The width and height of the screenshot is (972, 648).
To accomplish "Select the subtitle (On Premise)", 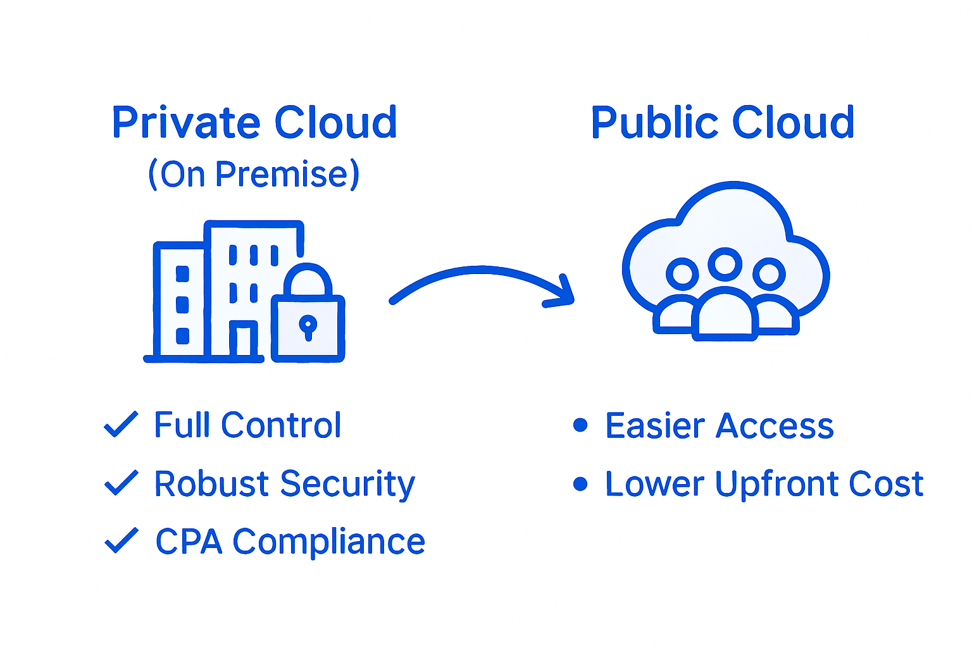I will point(254,174).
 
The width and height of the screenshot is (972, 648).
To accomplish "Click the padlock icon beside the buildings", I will point(308,320).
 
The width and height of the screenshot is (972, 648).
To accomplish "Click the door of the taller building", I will point(243,341).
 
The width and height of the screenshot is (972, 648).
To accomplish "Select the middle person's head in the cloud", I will point(725,264).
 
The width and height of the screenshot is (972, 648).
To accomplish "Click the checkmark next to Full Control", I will point(120,425).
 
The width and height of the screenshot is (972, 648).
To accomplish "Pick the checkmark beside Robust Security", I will point(120,483).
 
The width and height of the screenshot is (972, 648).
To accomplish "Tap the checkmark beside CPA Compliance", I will point(120,540).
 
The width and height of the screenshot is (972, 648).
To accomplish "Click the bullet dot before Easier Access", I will point(580,425).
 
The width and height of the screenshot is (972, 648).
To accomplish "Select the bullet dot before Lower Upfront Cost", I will point(580,484).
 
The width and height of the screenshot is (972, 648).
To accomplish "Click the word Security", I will point(347,484).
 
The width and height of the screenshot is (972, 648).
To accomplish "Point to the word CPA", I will point(189,542).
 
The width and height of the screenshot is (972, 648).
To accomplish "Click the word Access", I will point(775,426).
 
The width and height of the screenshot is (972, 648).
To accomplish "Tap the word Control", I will point(281,425).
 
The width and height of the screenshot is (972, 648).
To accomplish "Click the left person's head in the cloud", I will point(682,274).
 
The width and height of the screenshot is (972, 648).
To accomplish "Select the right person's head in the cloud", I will point(769,274).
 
